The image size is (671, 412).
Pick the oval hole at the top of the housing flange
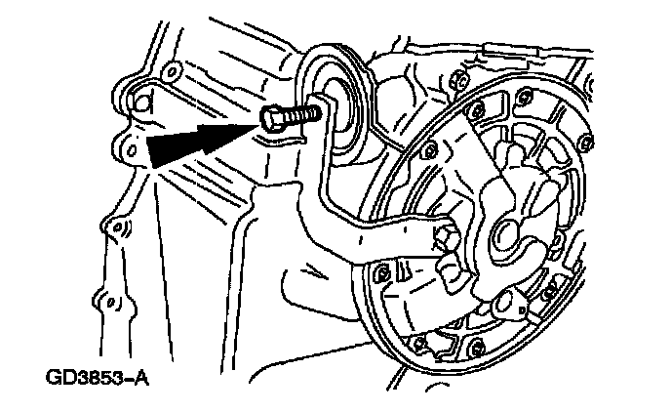[x=172, y=71]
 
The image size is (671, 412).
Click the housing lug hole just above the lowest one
[x=119, y=229]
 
